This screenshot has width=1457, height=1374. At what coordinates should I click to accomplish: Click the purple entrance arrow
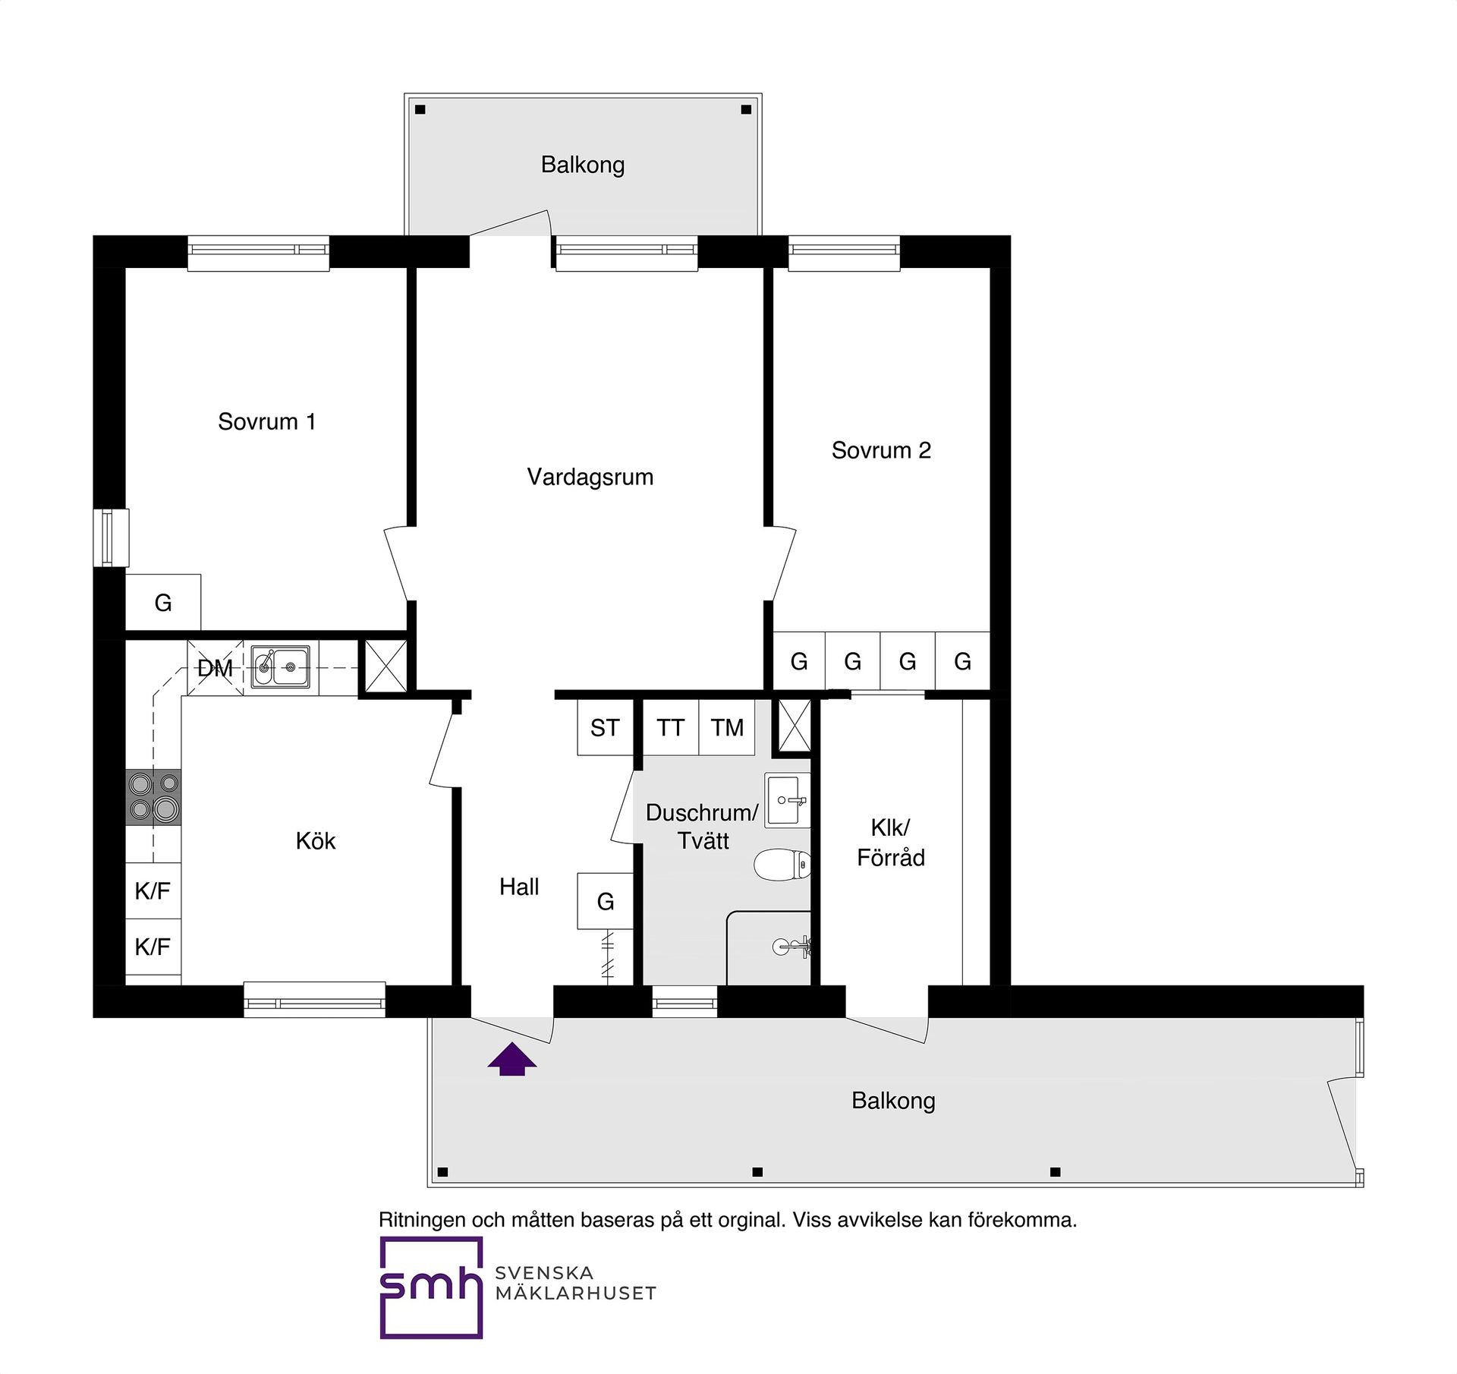coord(512,1060)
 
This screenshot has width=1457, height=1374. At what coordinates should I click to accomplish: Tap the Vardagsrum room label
coord(590,477)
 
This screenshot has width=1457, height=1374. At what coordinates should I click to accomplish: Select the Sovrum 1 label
coord(266,422)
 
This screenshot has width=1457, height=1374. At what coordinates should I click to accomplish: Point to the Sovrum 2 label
coord(880,450)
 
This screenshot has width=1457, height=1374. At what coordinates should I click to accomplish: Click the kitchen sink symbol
coord(281,667)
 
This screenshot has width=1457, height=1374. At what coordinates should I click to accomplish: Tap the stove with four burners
coord(153,796)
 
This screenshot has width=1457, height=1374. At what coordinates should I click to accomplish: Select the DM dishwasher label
coord(215,669)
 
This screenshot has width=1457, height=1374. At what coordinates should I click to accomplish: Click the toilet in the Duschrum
coord(782,865)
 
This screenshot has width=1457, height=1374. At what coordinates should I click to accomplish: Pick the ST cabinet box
coord(605,728)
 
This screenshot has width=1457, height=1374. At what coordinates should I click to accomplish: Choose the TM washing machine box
coord(726,728)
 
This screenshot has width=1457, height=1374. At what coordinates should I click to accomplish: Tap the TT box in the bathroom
coord(670,728)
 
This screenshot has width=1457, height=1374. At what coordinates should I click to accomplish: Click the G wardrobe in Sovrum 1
coord(163,603)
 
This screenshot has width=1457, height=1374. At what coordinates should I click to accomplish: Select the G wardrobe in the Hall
coord(605,901)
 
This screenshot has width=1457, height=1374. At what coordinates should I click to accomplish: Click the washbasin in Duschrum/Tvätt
coord(788,800)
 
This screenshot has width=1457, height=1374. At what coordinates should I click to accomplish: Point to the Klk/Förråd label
coord(890,843)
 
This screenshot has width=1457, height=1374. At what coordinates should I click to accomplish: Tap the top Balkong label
coord(582,165)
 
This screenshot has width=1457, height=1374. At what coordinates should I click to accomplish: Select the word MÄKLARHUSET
coord(575,1294)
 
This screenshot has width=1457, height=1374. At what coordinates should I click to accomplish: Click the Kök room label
coord(315,841)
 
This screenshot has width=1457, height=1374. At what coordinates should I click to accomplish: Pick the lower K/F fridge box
coord(153,947)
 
